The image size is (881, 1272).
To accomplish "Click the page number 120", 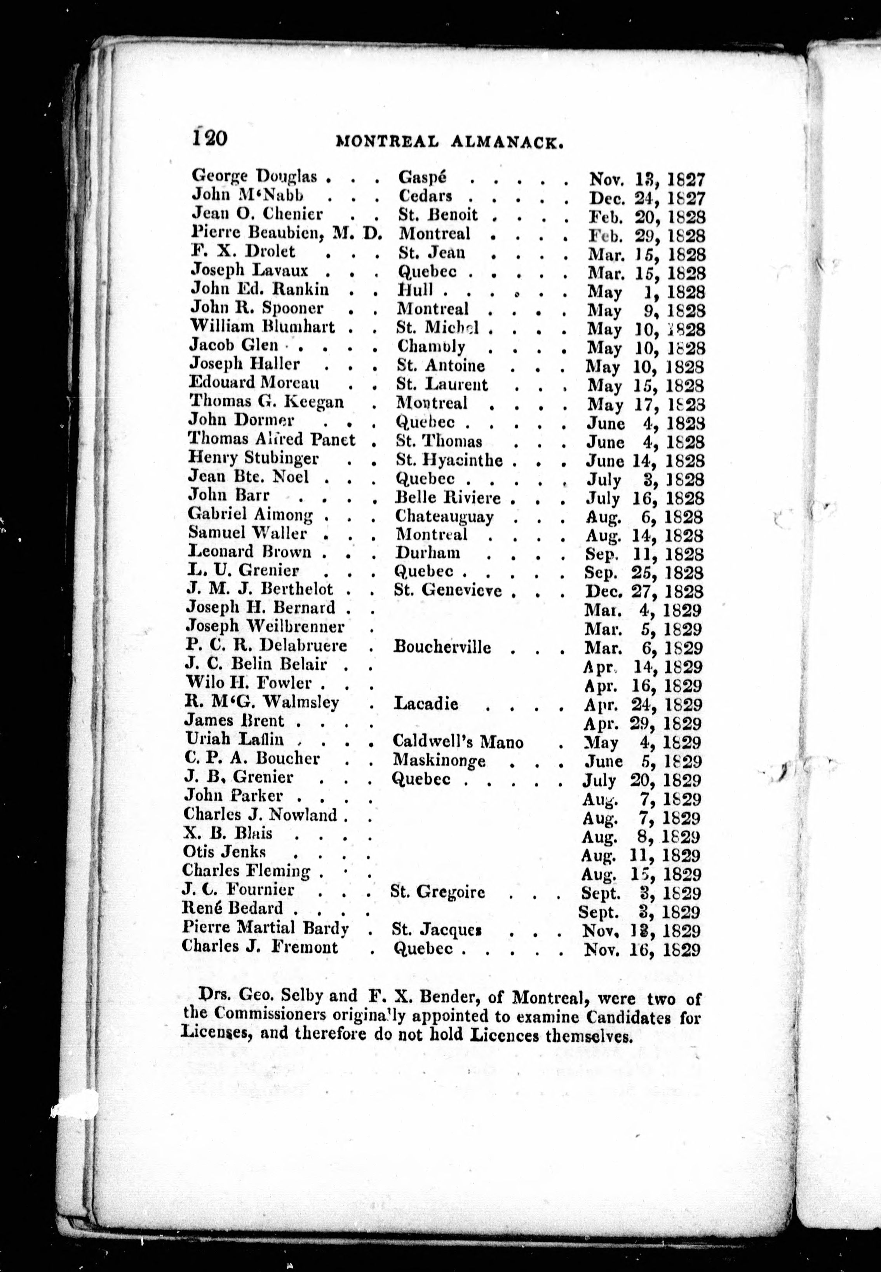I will click(210, 136).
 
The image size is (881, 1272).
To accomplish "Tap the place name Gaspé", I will click(422, 177).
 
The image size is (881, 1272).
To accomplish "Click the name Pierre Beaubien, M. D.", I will click(286, 233).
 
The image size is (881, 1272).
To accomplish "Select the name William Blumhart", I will click(262, 327).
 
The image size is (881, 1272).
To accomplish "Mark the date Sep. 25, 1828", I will click(644, 572).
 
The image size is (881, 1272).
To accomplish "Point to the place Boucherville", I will click(442, 647).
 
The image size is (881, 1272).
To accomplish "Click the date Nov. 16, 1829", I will click(641, 949).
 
